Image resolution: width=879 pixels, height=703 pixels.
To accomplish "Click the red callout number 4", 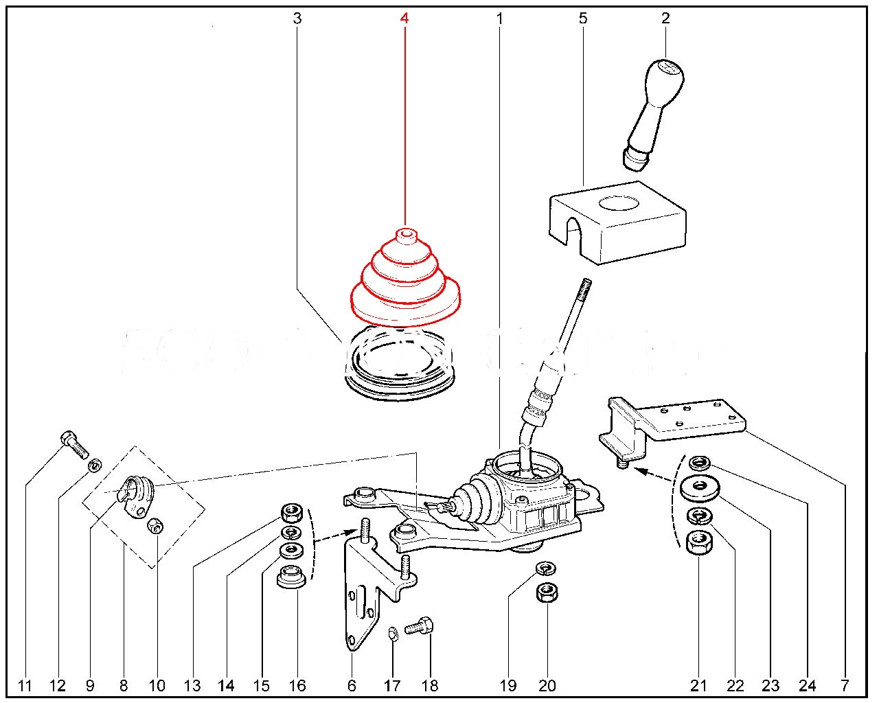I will [404, 19].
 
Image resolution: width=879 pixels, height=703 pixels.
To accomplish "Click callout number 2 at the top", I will [665, 19].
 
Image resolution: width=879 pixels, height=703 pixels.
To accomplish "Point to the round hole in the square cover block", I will [619, 204].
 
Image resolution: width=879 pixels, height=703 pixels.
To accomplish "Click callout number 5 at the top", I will [583, 19].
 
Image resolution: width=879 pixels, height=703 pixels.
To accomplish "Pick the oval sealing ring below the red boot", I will [400, 360].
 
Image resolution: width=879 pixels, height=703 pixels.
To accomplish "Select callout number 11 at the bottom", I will [25, 684].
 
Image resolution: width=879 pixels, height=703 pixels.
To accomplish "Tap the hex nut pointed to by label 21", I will [698, 542].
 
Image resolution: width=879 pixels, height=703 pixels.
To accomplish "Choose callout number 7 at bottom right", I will [845, 684].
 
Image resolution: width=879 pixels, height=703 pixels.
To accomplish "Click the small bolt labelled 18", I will [418, 627].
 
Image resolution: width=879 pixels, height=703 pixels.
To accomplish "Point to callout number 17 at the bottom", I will [392, 684].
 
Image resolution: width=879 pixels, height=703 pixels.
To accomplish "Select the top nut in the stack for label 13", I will [293, 512].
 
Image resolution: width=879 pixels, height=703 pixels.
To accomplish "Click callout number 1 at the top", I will [499, 19].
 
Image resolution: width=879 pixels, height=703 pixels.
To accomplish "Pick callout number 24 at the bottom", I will [808, 684].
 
